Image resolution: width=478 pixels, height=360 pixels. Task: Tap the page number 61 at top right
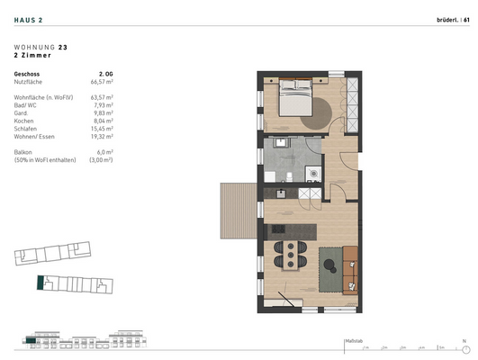[466, 19]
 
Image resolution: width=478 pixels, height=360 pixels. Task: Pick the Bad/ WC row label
[27, 104]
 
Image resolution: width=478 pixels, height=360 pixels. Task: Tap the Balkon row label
[25, 152]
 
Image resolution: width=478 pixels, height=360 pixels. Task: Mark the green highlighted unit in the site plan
[39, 283]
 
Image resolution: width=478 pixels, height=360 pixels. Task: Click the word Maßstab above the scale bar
[353, 340]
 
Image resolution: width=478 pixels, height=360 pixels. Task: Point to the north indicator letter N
[464, 340]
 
